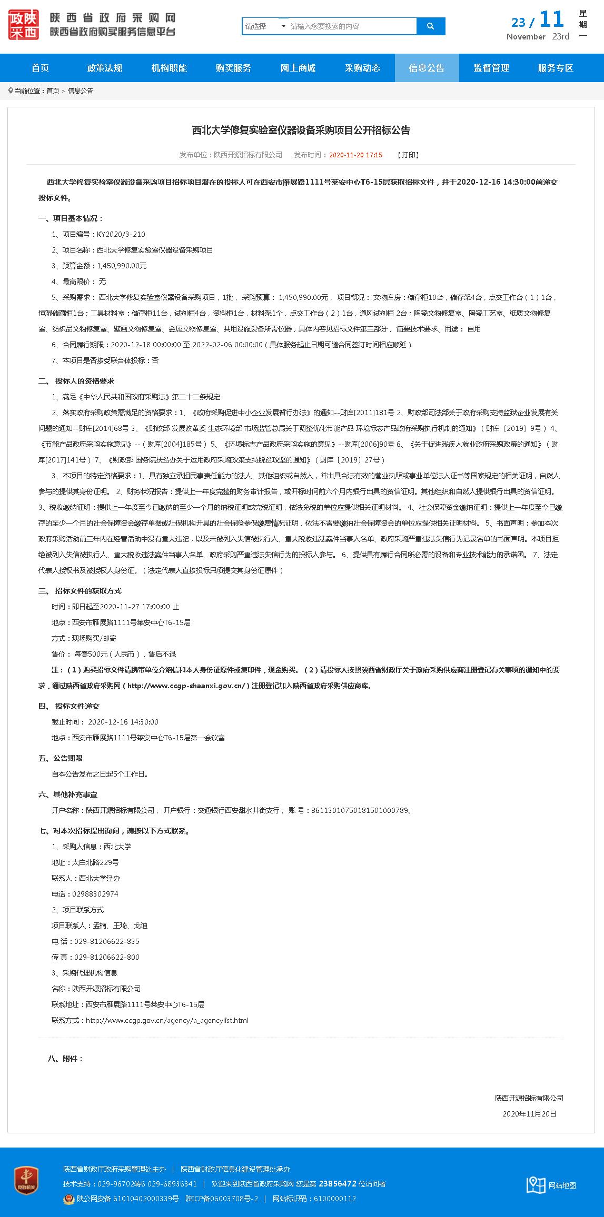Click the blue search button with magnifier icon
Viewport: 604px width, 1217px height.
(x=431, y=26)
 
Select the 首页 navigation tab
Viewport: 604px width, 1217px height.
(x=40, y=68)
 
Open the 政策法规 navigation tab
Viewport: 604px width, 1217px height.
(x=105, y=68)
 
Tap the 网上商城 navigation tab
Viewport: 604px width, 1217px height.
(x=298, y=68)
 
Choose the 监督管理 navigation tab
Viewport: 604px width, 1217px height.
(x=491, y=68)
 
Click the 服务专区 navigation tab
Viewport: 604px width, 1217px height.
(x=556, y=68)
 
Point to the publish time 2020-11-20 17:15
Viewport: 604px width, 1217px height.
(x=355, y=155)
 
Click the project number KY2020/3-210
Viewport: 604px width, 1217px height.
(x=121, y=234)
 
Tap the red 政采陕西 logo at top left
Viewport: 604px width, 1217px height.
(x=24, y=25)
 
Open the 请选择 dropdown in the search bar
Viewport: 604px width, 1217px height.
(x=265, y=26)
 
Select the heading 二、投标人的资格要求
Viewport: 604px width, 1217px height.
(x=76, y=381)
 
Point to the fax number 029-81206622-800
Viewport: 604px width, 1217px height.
(x=107, y=957)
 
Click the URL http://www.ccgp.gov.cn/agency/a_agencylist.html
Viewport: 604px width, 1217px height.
(x=167, y=1020)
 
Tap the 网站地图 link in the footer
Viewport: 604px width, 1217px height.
(x=562, y=1185)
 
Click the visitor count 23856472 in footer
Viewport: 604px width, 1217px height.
(x=338, y=1184)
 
